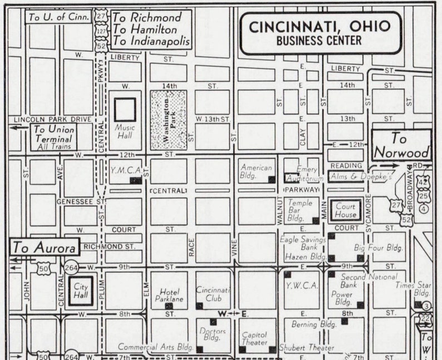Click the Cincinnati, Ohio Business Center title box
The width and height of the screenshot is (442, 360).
pos(320,32)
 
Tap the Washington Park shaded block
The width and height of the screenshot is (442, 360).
pos(168,119)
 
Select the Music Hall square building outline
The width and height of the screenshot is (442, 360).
pos(125,110)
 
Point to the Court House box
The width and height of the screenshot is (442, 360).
pos(345,210)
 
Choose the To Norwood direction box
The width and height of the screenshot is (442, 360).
pos(402,145)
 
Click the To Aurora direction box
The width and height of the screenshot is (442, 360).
pos(45,248)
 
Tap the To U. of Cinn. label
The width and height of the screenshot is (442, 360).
pos(58,17)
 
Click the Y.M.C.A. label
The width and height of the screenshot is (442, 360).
pos(125,170)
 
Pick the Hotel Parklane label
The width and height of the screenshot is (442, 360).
pos(169,295)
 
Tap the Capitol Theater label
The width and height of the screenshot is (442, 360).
pos(255,339)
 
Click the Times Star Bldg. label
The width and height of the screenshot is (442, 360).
pos(413,288)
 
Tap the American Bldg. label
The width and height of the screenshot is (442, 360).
pos(256,171)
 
